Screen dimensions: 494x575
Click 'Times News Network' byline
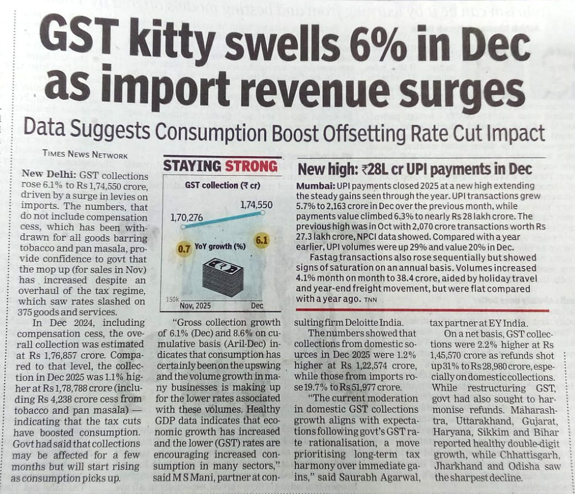click(x=85, y=154)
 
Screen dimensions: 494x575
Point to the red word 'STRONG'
click(x=251, y=166)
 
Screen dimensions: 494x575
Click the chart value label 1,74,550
click(x=256, y=205)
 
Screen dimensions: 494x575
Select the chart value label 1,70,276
click(x=187, y=218)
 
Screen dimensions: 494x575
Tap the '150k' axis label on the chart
click(x=171, y=301)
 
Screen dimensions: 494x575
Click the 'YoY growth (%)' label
click(x=219, y=247)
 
